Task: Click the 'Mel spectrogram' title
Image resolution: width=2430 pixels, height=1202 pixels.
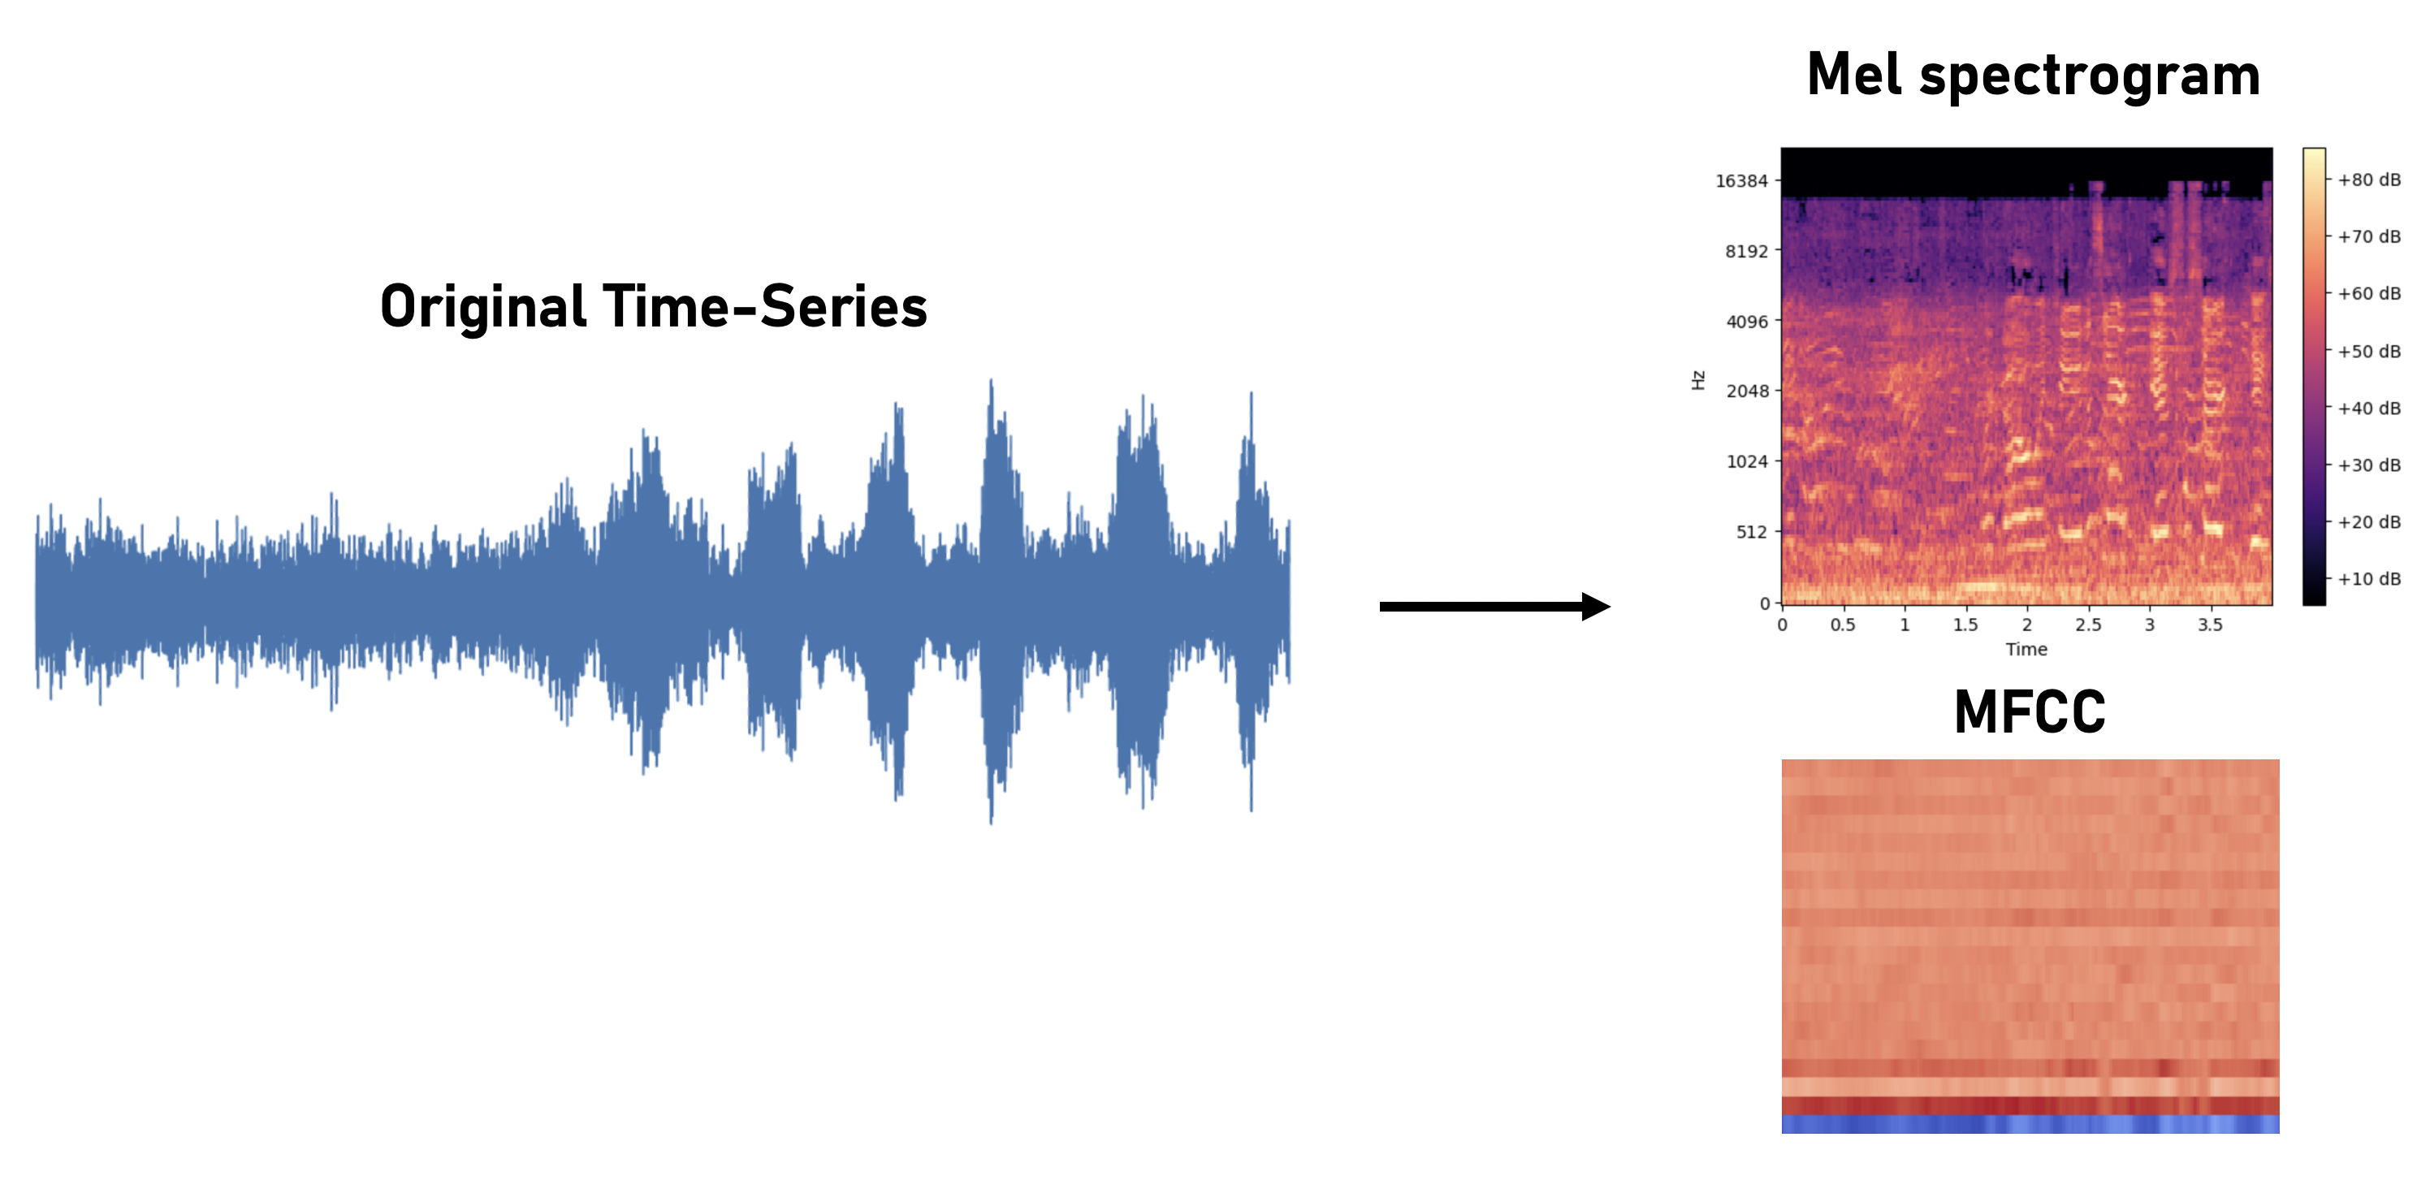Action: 2033,76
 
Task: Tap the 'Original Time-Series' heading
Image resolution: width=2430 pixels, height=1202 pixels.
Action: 654,307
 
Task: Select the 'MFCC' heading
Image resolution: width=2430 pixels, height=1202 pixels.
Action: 2029,712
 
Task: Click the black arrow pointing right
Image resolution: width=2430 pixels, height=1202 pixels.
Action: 1494,606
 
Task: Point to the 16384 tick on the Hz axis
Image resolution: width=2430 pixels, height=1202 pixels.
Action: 1741,181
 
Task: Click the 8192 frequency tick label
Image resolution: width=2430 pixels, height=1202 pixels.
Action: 1746,251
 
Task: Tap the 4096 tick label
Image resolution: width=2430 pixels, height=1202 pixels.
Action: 1746,322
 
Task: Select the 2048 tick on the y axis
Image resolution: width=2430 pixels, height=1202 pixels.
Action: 1746,391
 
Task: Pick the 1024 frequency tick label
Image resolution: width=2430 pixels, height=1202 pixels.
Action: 1746,461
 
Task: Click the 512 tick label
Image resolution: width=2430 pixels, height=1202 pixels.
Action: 1751,532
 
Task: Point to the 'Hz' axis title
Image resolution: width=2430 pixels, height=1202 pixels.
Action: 1698,380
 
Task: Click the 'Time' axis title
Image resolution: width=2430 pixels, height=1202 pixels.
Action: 2026,649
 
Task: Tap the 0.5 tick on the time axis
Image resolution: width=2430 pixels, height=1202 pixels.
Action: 1842,625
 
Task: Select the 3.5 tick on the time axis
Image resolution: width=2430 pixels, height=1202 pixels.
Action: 2210,625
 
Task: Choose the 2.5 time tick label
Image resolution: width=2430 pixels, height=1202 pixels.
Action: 2087,625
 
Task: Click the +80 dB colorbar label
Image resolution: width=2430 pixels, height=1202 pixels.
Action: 2369,180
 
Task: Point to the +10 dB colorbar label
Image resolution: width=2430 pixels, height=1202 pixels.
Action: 2369,579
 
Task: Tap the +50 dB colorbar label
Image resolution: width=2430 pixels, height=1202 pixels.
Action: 2369,352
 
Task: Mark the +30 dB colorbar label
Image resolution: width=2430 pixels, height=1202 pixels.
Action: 2369,465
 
